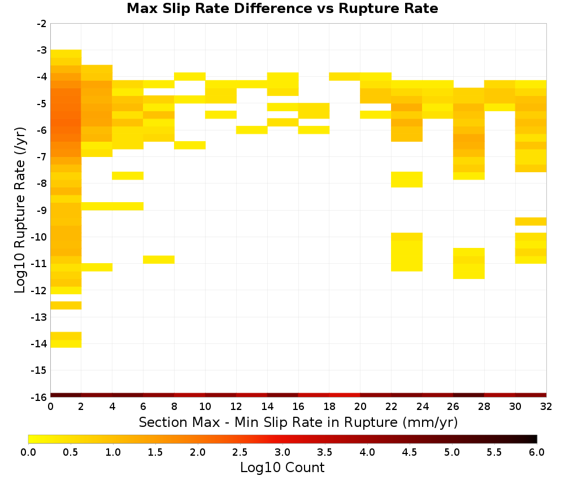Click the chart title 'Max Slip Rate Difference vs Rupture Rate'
282,8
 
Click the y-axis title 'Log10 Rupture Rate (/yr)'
20,210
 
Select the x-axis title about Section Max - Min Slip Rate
298,422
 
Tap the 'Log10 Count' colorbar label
282,468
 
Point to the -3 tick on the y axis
42,50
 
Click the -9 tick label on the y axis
42,210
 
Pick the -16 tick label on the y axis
40,397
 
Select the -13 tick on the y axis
40,317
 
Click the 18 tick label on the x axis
329,407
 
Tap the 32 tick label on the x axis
546,407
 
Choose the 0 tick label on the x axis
50,407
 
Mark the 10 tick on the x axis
206,407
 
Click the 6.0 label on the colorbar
537,452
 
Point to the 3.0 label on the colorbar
282,452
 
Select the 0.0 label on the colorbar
28,452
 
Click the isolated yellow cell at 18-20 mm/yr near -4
345,76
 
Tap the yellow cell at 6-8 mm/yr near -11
159,260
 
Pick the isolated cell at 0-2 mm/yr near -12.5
66,306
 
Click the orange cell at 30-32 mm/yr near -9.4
531,221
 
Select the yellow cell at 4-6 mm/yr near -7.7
128,176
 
